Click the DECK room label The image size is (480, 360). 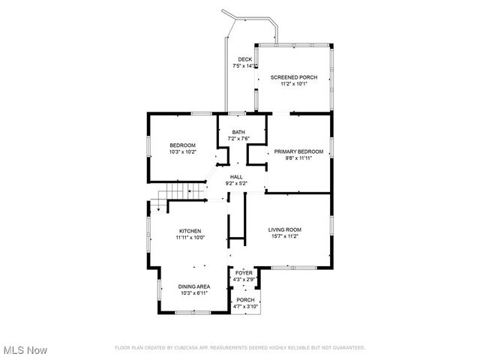244,59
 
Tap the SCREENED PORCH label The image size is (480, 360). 294,77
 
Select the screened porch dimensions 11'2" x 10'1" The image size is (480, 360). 294,84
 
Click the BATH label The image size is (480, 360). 238,133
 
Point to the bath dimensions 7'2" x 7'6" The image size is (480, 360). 238,139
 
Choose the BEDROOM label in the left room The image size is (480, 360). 182,145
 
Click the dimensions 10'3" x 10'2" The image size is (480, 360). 182,152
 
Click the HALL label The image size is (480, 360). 236,177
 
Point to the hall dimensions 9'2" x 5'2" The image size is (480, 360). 236,184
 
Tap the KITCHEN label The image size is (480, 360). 190,231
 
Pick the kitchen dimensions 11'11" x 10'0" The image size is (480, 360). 190,238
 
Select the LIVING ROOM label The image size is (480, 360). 285,229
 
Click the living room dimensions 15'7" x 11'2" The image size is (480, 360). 285,236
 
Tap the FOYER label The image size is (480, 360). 244,273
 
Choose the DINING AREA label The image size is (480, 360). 193,286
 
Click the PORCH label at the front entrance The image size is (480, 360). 245,300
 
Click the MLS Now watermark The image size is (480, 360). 25,350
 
